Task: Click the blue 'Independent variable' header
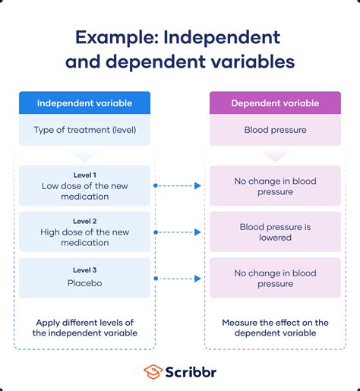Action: (x=84, y=103)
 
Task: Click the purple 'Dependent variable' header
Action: (x=275, y=103)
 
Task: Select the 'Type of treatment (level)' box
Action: (x=84, y=130)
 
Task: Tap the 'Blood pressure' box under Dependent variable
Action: (x=275, y=130)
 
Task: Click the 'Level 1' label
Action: (x=84, y=175)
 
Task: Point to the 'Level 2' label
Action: (x=84, y=222)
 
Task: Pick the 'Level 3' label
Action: (x=84, y=270)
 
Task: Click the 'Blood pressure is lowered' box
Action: (x=275, y=232)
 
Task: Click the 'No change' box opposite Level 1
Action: (x=275, y=186)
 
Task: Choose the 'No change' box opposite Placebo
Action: (x=275, y=278)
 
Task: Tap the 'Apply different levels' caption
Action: (x=84, y=328)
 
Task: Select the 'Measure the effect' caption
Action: (x=275, y=328)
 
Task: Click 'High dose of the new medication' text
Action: (x=84, y=237)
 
